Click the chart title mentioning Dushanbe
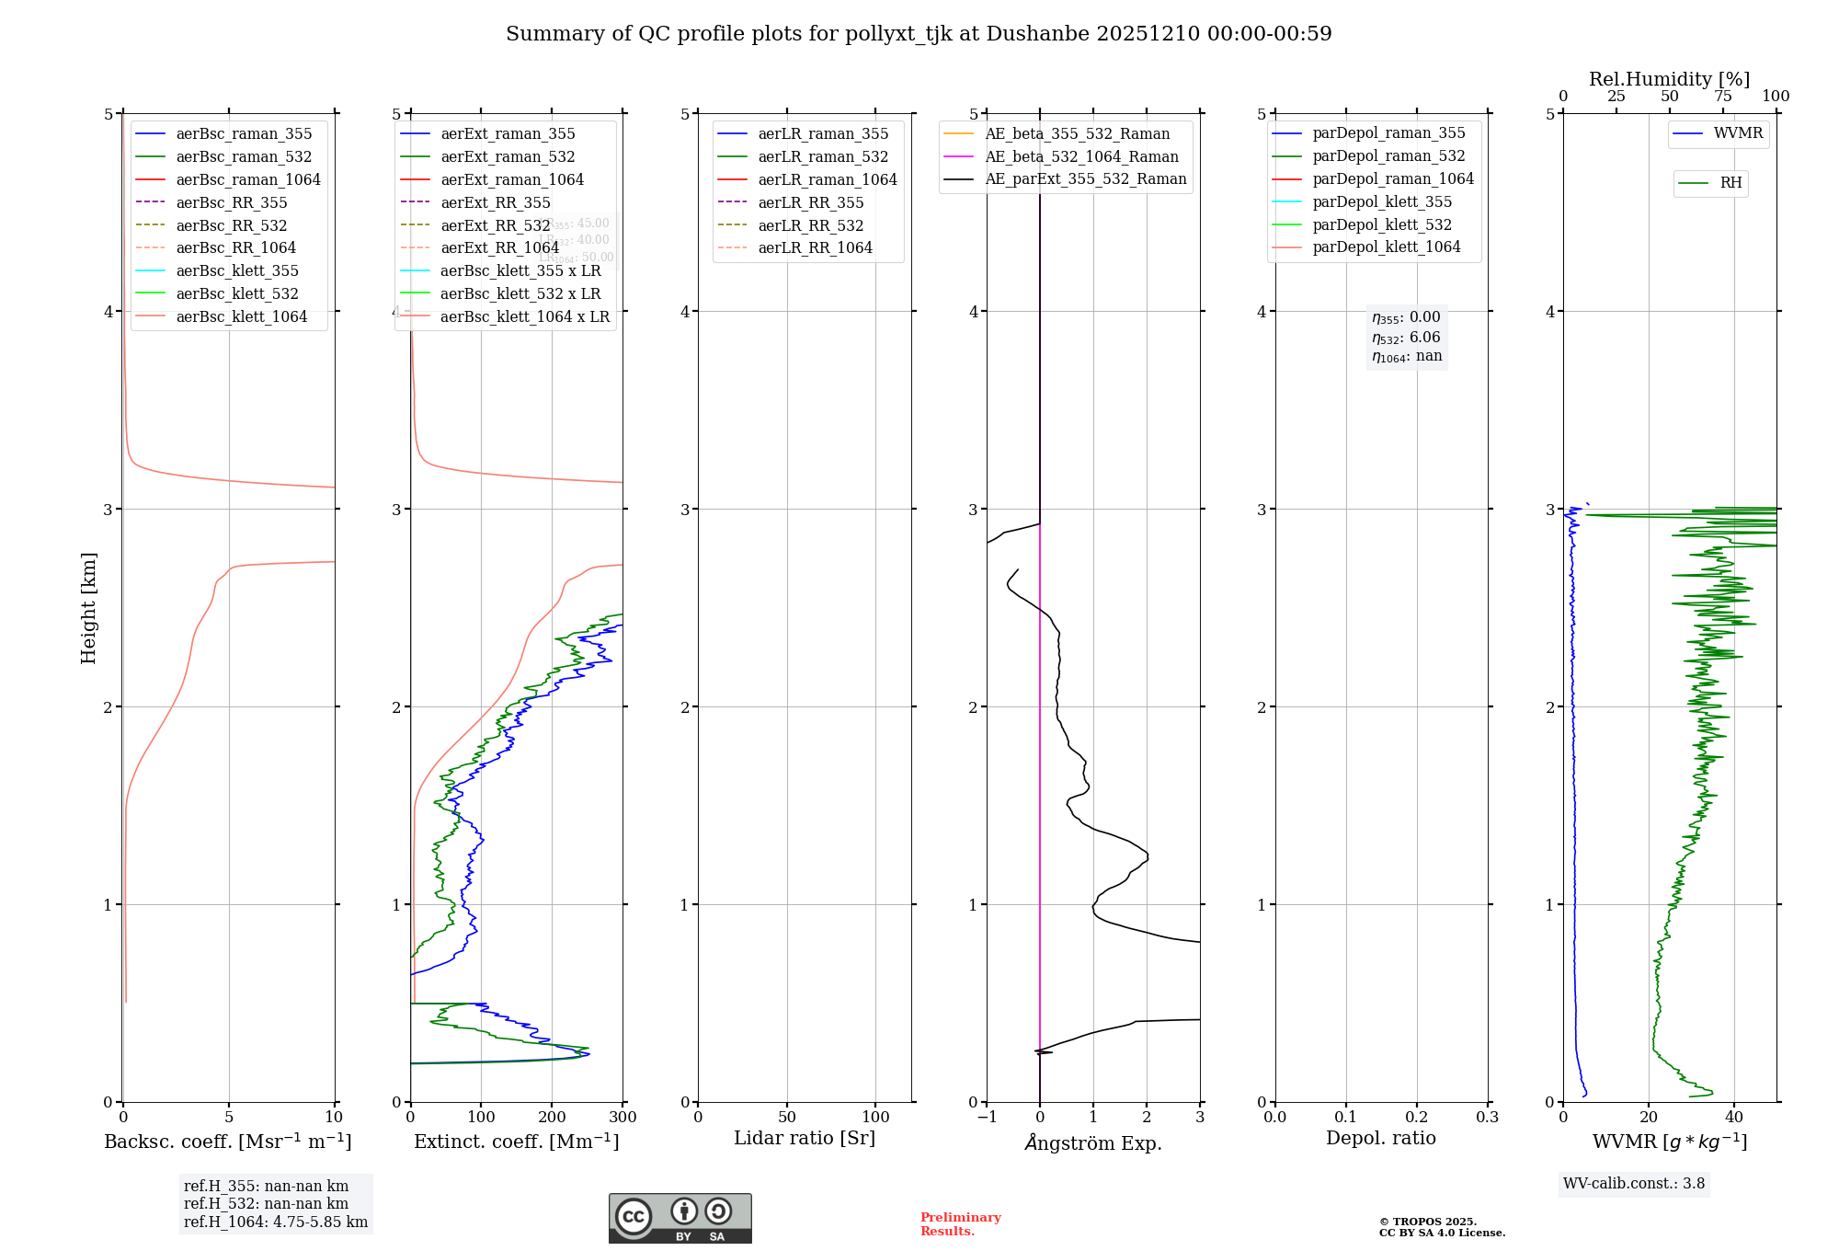point(919,34)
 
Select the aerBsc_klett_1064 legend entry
point(241,316)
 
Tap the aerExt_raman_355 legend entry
point(508,133)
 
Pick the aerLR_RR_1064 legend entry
point(815,247)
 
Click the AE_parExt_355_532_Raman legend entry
point(1085,178)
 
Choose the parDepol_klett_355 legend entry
point(1382,201)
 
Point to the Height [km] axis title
point(88,608)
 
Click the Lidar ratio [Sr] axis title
point(805,1138)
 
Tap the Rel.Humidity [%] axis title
point(1669,79)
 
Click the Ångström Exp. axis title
point(1092,1142)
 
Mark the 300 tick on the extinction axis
point(623,1118)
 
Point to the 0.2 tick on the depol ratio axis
point(1417,1118)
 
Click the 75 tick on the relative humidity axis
point(1723,97)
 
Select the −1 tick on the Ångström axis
point(986,1118)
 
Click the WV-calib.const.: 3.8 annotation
point(1634,1184)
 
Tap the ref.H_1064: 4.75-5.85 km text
point(276,1222)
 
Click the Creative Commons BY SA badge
point(680,1219)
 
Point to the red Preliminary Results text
point(960,1224)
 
